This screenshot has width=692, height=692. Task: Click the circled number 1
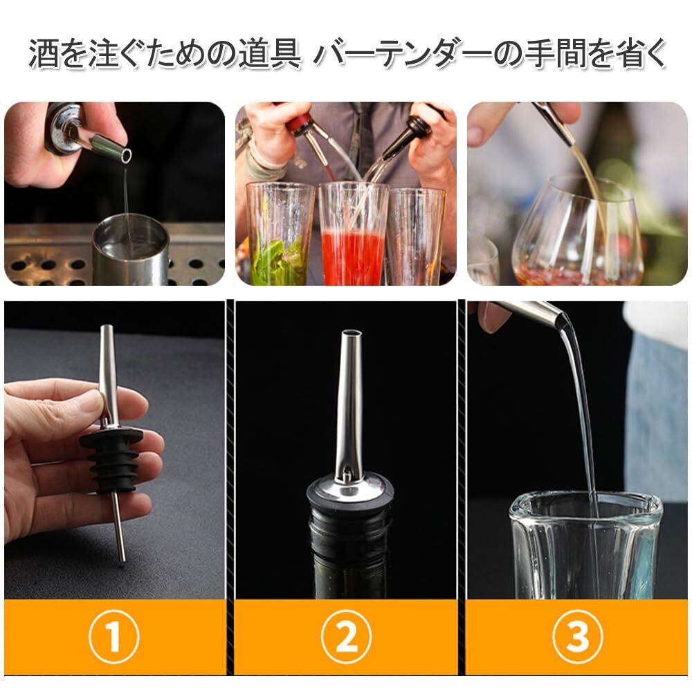[114, 637]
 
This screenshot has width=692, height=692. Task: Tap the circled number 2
[346, 637]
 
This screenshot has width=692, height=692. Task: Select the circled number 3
[577, 637]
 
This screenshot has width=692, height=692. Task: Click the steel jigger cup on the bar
[131, 249]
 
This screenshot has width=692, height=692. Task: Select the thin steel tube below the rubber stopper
[118, 527]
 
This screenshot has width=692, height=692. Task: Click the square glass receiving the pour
[586, 545]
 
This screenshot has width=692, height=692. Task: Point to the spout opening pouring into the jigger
[127, 155]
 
